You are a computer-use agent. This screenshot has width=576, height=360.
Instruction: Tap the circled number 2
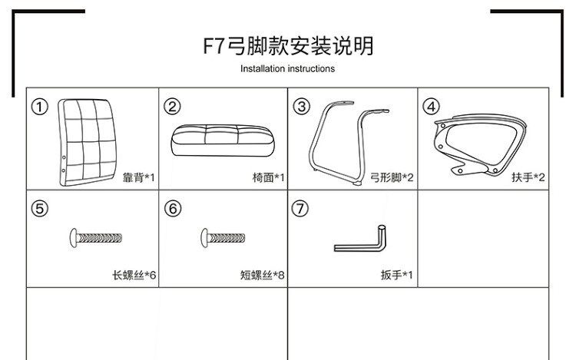point(172,107)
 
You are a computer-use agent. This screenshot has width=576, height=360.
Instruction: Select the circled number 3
point(301,107)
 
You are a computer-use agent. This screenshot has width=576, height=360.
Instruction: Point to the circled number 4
point(431,107)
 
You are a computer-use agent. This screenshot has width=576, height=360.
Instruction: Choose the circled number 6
point(172,209)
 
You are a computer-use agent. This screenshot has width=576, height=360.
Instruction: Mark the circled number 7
point(301,209)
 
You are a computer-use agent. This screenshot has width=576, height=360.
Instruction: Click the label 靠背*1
point(138,177)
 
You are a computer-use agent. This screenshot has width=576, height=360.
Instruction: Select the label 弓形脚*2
point(392,177)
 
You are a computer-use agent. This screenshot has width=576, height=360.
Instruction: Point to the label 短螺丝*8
point(263,274)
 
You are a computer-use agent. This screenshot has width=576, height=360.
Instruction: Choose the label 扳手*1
point(396,274)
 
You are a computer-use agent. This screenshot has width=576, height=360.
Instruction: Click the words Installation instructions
point(287,68)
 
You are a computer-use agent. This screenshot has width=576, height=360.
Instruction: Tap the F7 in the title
point(213,45)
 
